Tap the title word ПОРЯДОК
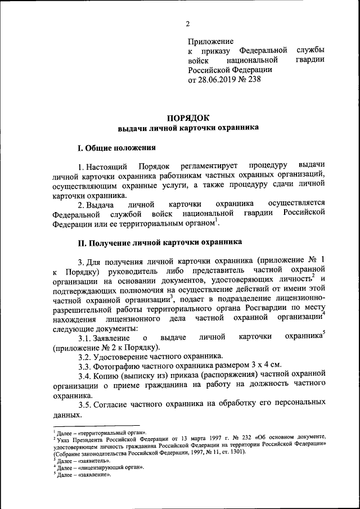(188, 118)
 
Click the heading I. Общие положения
(116, 148)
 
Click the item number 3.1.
(85, 337)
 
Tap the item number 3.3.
(85, 366)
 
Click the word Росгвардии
(260, 309)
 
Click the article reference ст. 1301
(232, 452)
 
